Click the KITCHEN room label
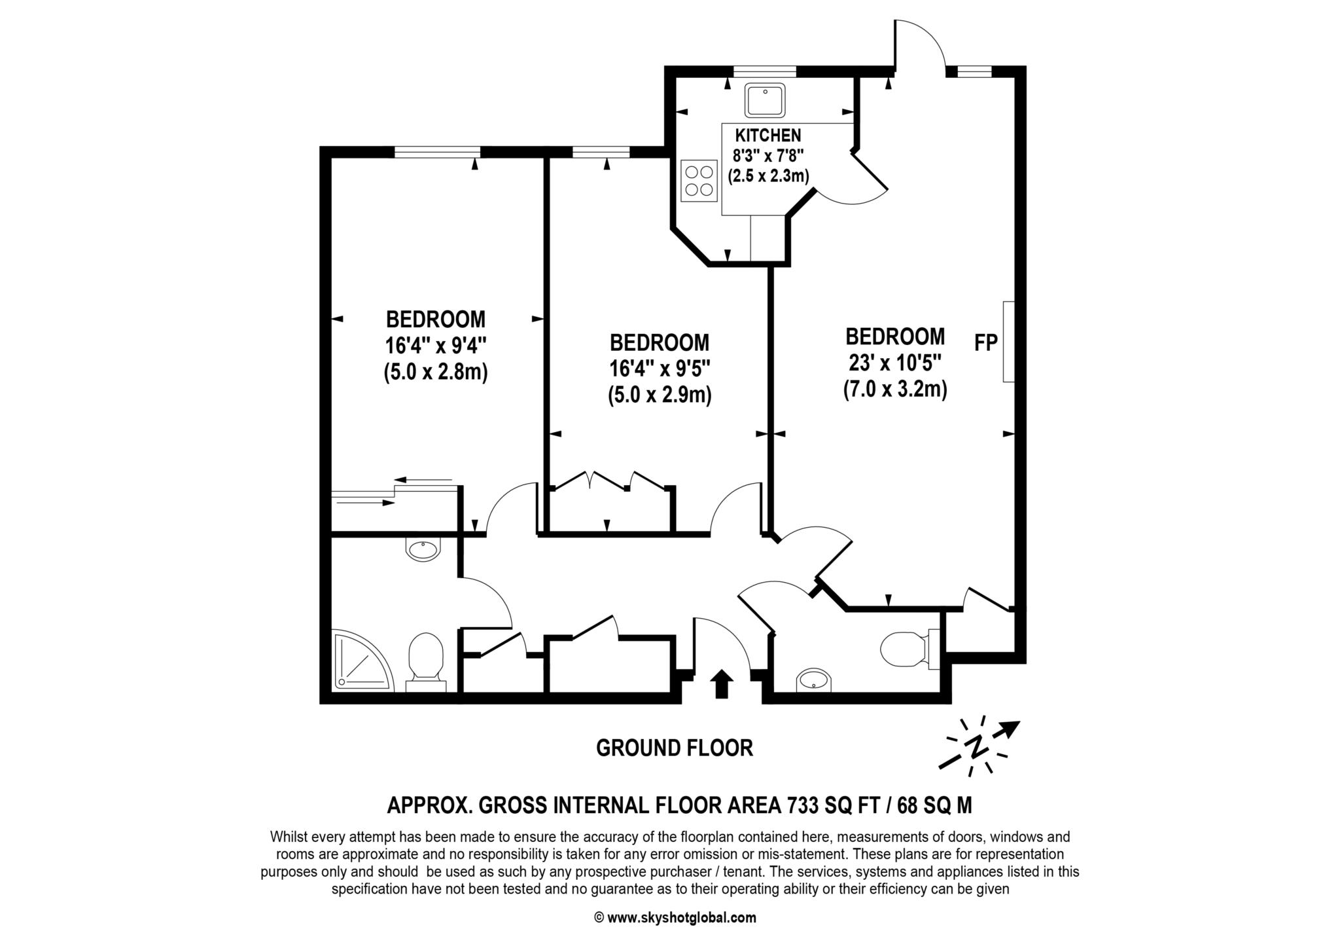(x=767, y=136)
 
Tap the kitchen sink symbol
(x=764, y=100)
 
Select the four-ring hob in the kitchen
(x=698, y=181)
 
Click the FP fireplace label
(x=985, y=342)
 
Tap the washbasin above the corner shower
(x=423, y=549)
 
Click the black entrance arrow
(x=721, y=684)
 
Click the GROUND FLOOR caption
(x=674, y=748)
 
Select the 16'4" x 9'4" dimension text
(x=436, y=345)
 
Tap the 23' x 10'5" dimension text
(x=895, y=361)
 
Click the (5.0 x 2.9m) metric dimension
(x=660, y=395)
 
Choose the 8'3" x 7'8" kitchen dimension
(x=768, y=155)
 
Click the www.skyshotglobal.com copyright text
(x=680, y=918)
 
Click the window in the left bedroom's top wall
(x=437, y=152)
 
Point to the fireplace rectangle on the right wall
(x=1008, y=341)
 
